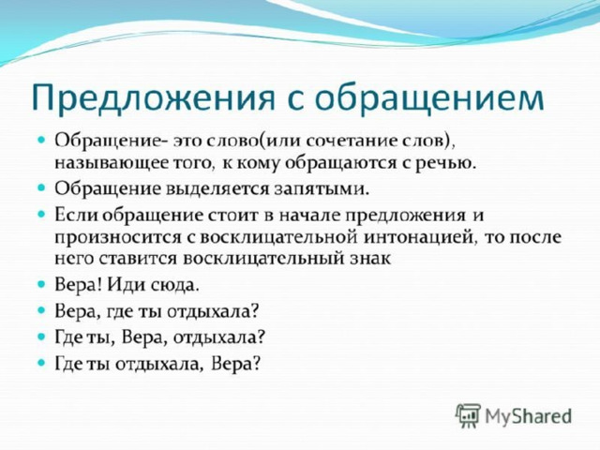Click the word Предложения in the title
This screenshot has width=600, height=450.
pos(154,97)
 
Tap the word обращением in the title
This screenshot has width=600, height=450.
pos(429,97)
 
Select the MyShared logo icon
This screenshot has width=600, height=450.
pos(468,415)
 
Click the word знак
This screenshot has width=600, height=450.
pos(371,259)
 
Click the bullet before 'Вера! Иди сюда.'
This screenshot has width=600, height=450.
pos(41,284)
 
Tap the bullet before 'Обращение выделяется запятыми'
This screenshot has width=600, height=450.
pos(41,187)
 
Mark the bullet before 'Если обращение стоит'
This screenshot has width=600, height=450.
pos(41,214)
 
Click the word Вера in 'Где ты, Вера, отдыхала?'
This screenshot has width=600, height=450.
pos(144,337)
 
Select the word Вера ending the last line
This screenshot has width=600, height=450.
pos(235,364)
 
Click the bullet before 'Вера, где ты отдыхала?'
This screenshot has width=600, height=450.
pos(41,310)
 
